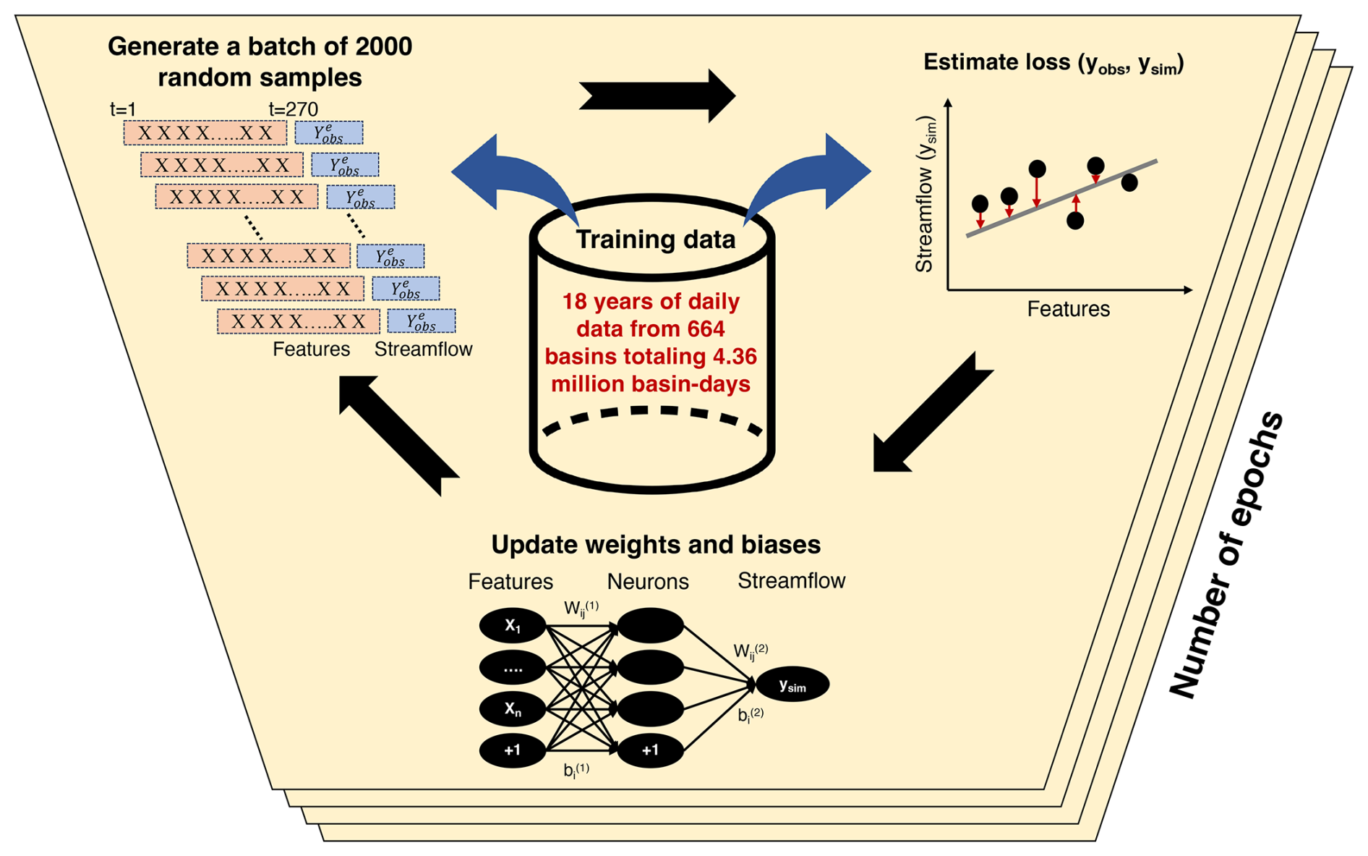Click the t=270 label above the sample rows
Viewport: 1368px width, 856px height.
(x=293, y=109)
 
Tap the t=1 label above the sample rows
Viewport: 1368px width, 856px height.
(x=123, y=109)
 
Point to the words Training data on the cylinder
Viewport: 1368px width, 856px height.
(x=655, y=240)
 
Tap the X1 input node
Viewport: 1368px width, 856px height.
(x=512, y=626)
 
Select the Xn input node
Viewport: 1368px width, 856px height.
(x=512, y=709)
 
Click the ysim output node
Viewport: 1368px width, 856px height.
(x=792, y=685)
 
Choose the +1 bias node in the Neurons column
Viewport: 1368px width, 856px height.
(x=650, y=750)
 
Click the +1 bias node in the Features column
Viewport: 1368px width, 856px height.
(x=512, y=750)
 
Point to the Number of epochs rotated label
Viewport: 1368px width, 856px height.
(x=1226, y=556)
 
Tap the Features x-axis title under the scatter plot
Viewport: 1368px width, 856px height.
(x=1068, y=310)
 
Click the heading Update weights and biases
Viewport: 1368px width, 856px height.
(x=656, y=545)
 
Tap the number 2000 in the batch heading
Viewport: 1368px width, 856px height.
(x=383, y=47)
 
